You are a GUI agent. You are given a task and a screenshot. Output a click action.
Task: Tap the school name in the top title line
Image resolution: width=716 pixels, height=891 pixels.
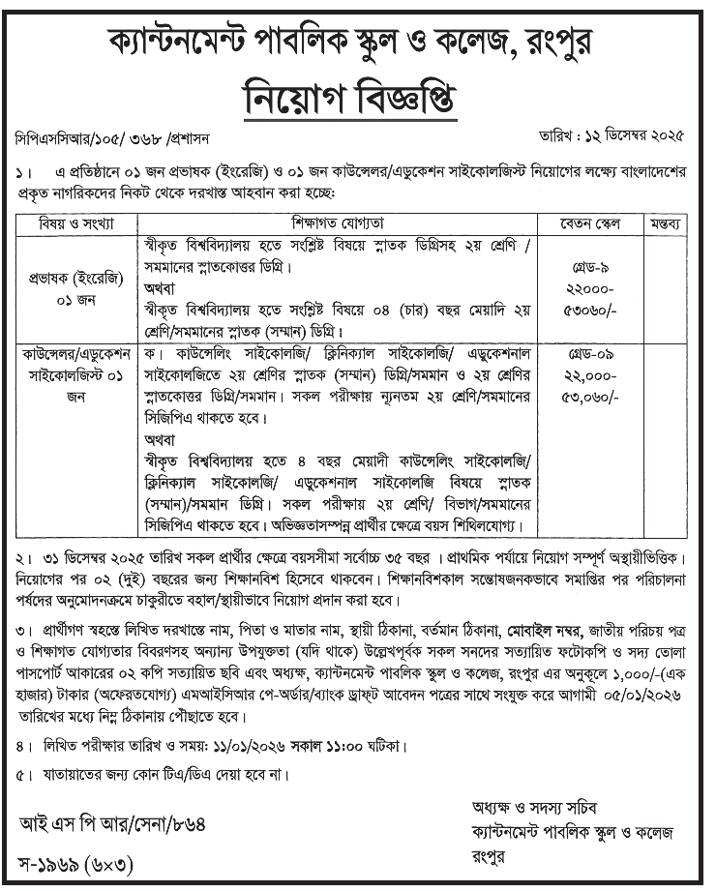(x=357, y=42)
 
